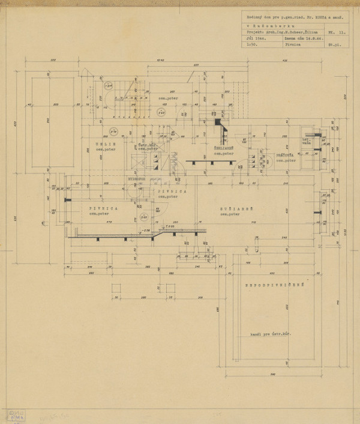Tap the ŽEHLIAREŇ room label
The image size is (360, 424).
pos(223,147)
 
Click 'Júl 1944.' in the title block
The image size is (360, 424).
pos(254,37)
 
